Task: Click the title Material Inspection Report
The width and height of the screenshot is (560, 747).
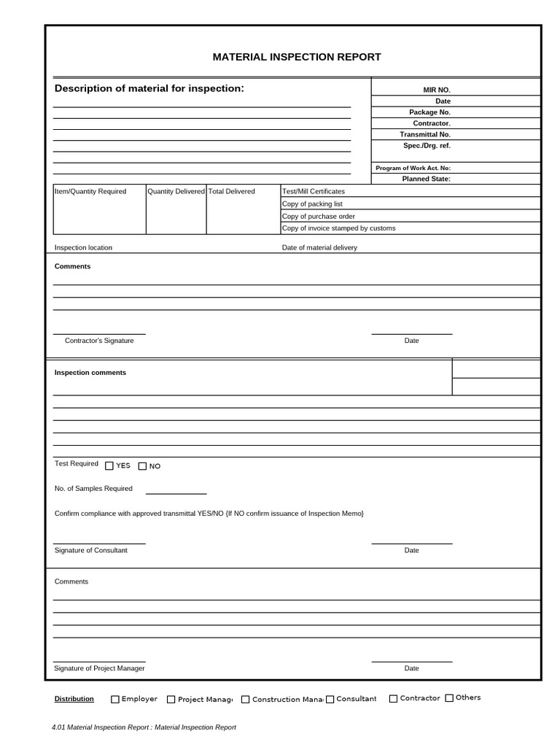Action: (296, 57)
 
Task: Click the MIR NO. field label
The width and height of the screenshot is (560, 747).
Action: (437, 90)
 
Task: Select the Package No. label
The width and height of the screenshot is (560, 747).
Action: (429, 112)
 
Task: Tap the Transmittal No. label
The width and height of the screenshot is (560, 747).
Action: (425, 134)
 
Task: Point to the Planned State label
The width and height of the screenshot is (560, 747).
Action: (427, 179)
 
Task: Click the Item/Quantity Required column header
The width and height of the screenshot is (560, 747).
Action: (90, 191)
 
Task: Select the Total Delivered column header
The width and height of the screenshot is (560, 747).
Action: (232, 191)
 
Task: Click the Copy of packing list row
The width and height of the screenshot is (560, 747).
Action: (312, 204)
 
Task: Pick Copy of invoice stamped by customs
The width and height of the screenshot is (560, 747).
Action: (339, 228)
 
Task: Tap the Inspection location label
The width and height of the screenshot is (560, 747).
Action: (83, 247)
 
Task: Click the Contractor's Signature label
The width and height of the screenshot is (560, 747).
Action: (99, 341)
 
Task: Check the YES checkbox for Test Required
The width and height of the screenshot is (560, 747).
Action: (109, 466)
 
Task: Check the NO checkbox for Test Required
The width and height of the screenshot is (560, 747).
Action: (143, 466)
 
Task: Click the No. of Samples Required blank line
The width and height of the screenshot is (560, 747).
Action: (176, 492)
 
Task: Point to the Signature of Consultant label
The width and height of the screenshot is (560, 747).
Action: (91, 550)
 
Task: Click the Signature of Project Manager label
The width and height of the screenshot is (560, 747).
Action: (99, 668)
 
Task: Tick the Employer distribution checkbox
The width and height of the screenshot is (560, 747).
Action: (115, 699)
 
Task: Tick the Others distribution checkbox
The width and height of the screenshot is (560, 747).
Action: (449, 698)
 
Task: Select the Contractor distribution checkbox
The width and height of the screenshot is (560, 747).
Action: (394, 699)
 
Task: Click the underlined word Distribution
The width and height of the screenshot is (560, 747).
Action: (74, 699)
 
